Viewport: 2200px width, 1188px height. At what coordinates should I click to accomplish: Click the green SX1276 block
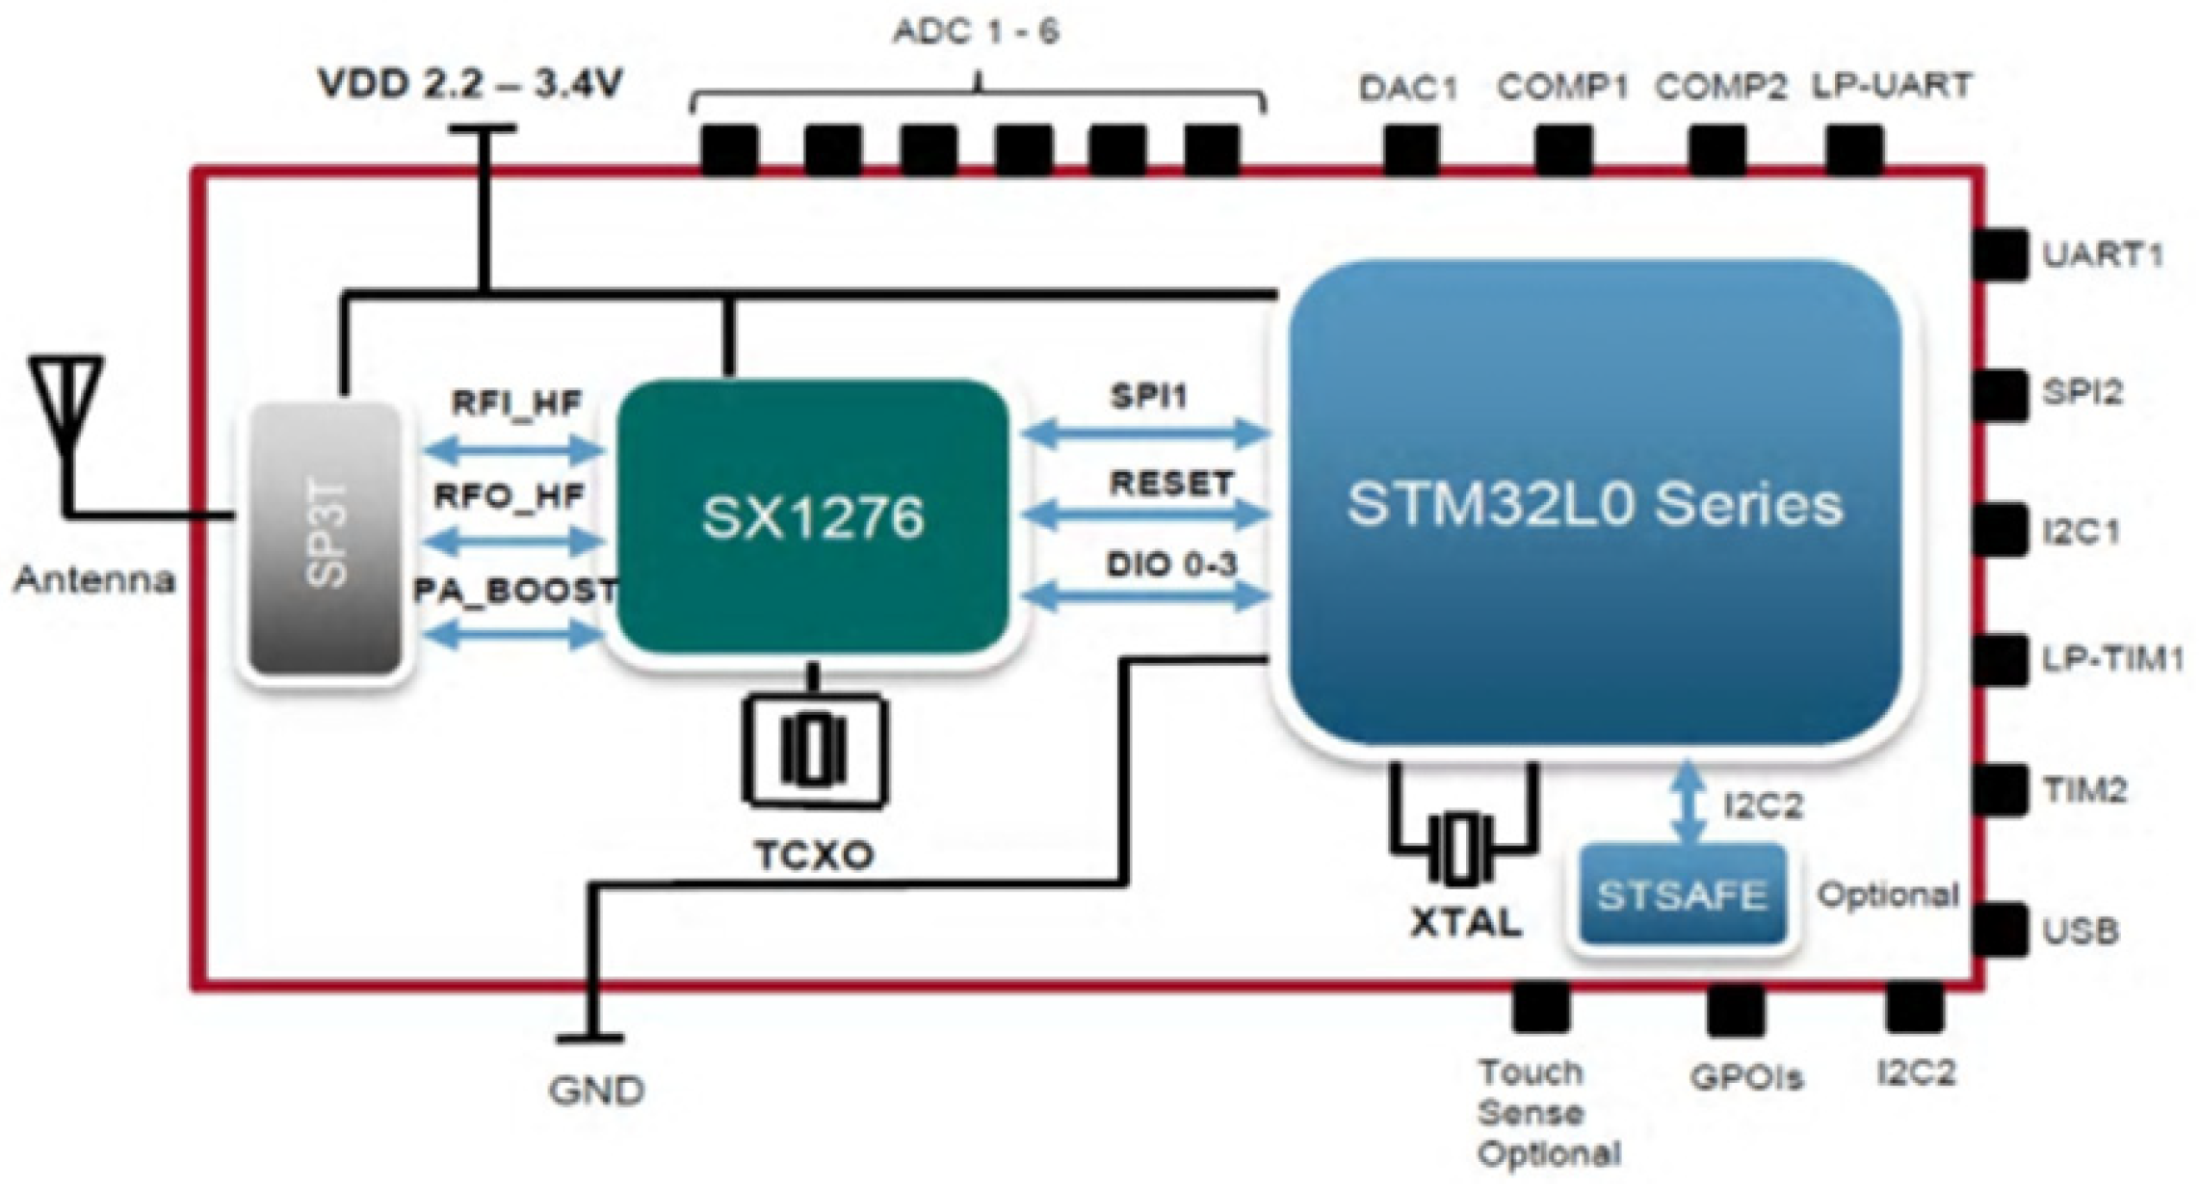pos(812,517)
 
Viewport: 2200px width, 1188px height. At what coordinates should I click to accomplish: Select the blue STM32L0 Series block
pos(1594,504)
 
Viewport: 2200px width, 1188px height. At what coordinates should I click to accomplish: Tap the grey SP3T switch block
pos(325,540)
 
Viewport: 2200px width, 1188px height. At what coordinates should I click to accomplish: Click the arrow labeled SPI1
pos(1144,435)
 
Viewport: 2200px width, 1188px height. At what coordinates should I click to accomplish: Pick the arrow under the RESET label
pos(1144,516)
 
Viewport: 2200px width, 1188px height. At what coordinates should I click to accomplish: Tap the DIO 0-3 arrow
pos(1144,598)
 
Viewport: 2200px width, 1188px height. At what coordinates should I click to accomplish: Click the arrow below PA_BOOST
pos(512,635)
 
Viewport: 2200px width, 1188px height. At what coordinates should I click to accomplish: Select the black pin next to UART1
pos(2000,254)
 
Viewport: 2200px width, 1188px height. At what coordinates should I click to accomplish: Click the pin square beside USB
pos(2000,929)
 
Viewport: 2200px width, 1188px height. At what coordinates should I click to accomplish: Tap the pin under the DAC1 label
pos(1411,150)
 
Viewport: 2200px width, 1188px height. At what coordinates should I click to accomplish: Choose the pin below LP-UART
pos(1854,150)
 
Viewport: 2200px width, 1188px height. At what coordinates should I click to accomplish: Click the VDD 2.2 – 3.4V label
pos(471,85)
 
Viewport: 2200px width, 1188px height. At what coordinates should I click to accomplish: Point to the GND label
pos(596,1091)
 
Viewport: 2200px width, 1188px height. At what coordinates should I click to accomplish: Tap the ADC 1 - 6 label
pos(975,32)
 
